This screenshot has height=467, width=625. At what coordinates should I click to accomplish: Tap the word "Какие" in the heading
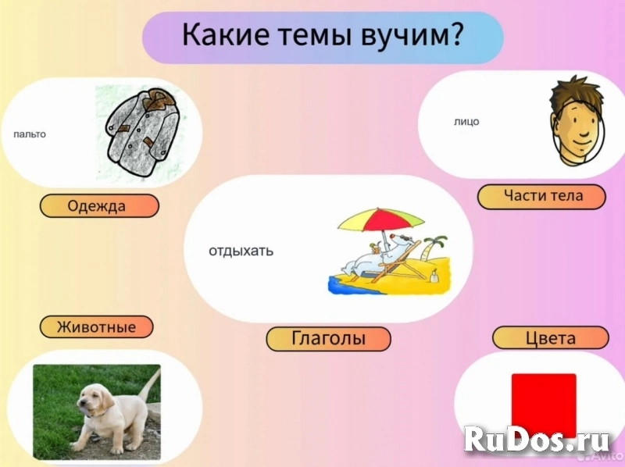point(215,36)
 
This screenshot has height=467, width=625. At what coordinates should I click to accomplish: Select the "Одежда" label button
point(99,206)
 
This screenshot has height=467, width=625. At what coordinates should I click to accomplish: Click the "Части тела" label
point(541,196)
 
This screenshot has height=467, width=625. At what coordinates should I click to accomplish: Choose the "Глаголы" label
point(328,339)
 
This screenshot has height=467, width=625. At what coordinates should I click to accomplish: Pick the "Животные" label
point(96,326)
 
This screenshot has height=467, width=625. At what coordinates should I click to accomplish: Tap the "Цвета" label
point(550,338)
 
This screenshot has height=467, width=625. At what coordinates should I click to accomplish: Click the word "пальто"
point(30,134)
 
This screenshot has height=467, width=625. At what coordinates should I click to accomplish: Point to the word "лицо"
point(466,122)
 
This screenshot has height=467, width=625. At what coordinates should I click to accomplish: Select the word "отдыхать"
point(241,251)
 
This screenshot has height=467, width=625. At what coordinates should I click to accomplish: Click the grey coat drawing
point(141,133)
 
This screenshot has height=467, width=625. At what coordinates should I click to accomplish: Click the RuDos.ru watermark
point(539,441)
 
